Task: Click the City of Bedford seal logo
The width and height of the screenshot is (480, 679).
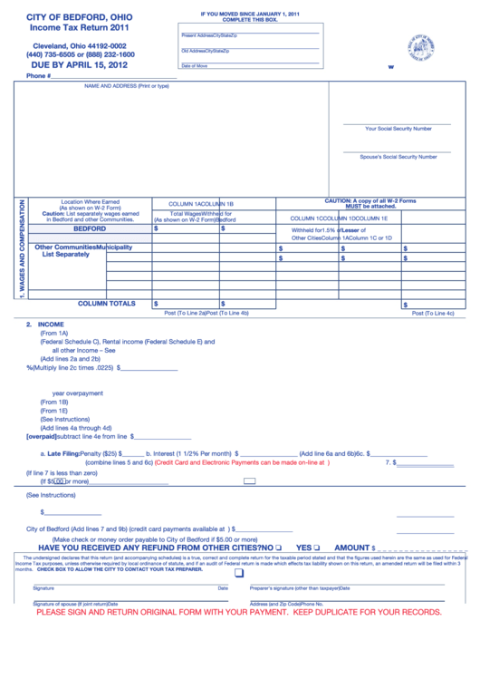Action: [419, 47]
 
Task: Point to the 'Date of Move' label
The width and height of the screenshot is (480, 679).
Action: [194, 66]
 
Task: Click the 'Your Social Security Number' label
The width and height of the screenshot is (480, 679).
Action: [398, 129]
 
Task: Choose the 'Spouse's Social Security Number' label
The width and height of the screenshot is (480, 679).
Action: [398, 157]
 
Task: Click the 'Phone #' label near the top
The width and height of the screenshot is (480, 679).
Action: [39, 76]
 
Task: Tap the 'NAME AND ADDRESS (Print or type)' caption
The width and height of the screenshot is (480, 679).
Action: [126, 86]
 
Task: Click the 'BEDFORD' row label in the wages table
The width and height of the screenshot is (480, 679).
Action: [90, 229]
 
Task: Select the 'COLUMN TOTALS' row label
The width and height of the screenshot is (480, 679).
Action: [107, 304]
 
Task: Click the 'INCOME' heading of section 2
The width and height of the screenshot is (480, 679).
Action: [51, 324]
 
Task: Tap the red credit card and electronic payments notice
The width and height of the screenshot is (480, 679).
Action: [242, 462]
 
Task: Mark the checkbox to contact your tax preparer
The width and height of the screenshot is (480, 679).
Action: [239, 573]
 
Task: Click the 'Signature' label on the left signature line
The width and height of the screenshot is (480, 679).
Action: [43, 588]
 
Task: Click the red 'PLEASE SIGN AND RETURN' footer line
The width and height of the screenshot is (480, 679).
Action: [239, 612]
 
